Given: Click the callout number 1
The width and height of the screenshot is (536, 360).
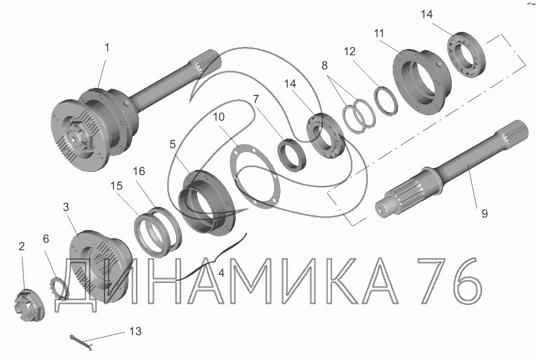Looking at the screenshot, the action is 107,47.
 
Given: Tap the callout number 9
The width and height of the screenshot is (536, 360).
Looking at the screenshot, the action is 485,213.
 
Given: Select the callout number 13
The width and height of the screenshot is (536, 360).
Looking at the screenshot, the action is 135,332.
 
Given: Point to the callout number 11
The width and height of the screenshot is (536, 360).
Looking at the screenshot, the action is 379,33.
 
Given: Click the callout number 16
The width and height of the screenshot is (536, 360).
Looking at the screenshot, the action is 139,172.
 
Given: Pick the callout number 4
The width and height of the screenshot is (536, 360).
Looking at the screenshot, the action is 221,273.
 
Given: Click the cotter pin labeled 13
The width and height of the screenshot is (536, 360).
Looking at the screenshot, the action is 81,343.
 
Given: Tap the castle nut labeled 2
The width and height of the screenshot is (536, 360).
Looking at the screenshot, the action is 29,305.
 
